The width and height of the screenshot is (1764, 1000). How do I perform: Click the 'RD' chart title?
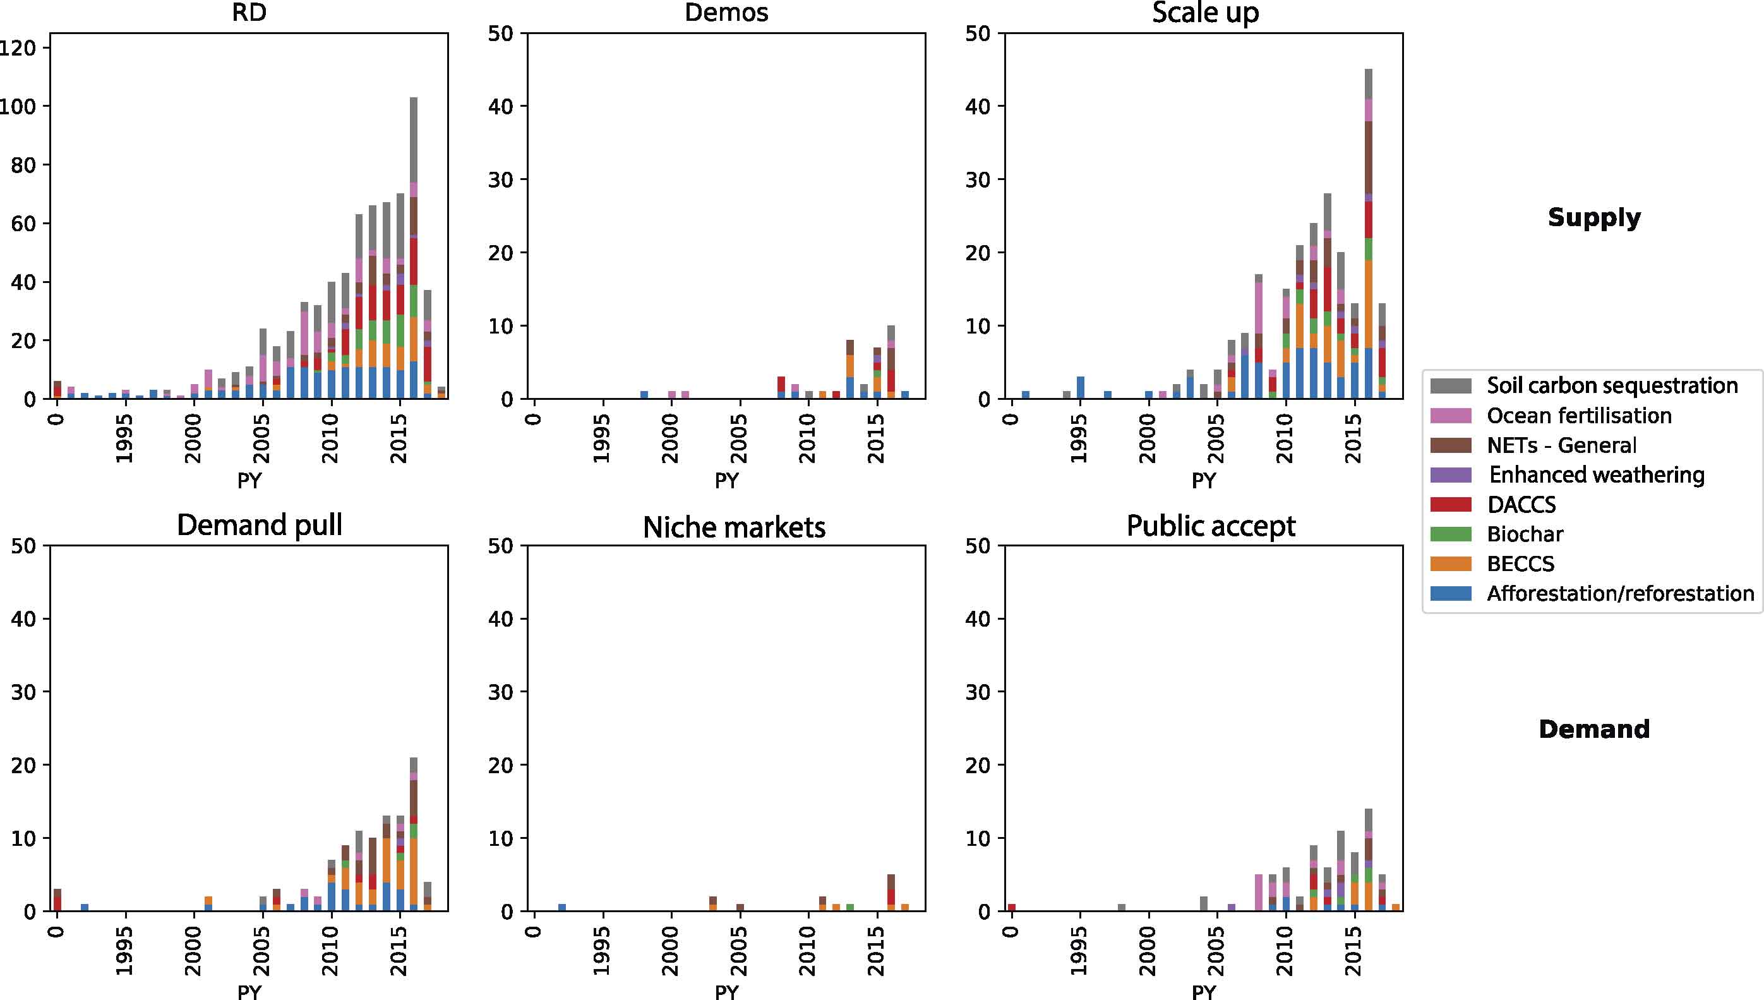pyautogui.click(x=249, y=13)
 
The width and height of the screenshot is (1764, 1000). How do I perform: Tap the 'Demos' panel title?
pyautogui.click(x=726, y=13)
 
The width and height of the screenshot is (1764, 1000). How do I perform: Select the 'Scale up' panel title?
pyautogui.click(x=1205, y=13)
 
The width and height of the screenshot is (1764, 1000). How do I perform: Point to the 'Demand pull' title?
pyautogui.click(x=259, y=526)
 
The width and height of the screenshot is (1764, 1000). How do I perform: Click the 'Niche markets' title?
pyautogui.click(x=733, y=527)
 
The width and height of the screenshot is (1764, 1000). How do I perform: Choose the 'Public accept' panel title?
pyautogui.click(x=1211, y=526)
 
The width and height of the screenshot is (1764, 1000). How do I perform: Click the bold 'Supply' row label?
pyautogui.click(x=1593, y=217)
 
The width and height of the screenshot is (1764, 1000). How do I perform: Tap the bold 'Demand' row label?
pyautogui.click(x=1593, y=729)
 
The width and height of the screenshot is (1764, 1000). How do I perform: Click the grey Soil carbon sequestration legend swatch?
pyautogui.click(x=1450, y=385)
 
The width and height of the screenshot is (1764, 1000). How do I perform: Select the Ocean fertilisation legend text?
pyautogui.click(x=1578, y=416)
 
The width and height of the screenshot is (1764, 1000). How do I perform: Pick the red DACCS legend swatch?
pyautogui.click(x=1450, y=505)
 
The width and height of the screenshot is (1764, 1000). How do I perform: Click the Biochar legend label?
pyautogui.click(x=1525, y=534)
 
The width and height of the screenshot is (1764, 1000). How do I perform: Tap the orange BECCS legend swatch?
pyautogui.click(x=1450, y=564)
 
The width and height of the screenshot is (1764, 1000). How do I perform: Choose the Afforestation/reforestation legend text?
pyautogui.click(x=1620, y=593)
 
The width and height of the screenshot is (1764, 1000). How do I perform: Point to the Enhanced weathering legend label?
pyautogui.click(x=1596, y=474)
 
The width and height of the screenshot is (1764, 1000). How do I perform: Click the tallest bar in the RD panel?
pyautogui.click(x=413, y=247)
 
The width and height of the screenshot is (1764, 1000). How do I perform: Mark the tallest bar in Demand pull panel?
pyautogui.click(x=413, y=834)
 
